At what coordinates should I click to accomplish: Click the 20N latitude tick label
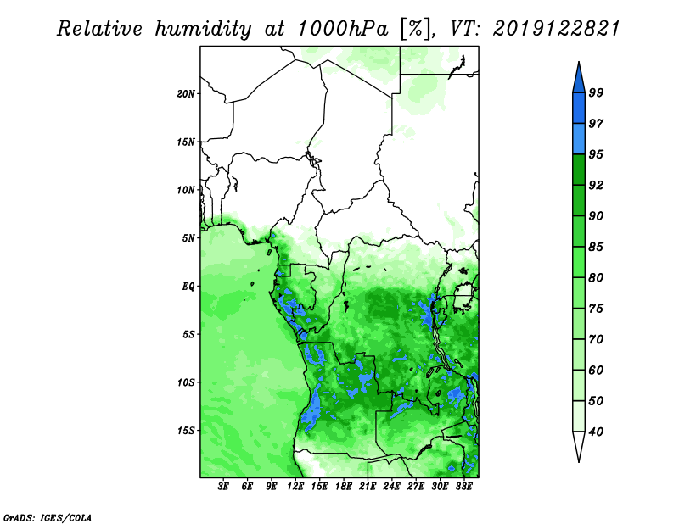point(186,93)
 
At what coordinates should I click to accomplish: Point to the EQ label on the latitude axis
point(188,286)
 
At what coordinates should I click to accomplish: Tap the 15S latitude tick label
point(186,430)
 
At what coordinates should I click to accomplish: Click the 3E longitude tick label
point(224,488)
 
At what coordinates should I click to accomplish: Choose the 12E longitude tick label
point(296,488)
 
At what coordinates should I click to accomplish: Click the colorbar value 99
point(596,92)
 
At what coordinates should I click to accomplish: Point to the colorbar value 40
point(596,432)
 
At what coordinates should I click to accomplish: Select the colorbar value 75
point(596,309)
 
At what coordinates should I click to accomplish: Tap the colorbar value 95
point(596,154)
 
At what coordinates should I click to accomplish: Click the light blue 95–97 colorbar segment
point(579,138)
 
